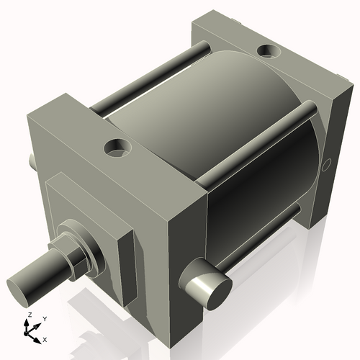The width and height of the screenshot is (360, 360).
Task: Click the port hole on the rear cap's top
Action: coord(269,52)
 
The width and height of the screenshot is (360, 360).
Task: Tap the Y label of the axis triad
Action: coord(44,318)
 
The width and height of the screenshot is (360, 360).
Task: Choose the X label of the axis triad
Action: coord(45,338)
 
